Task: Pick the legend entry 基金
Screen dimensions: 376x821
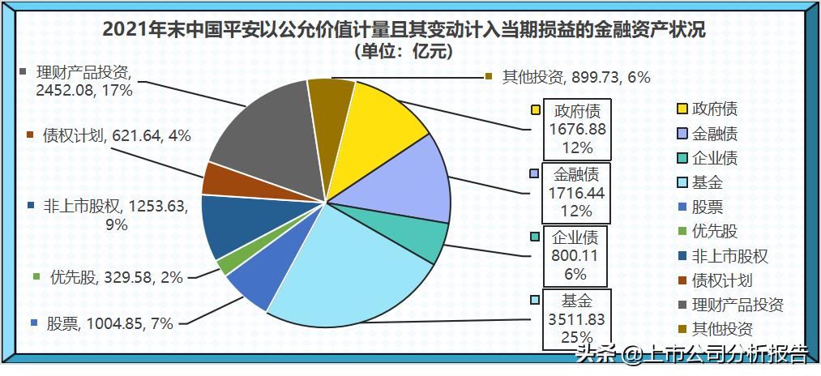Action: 707,182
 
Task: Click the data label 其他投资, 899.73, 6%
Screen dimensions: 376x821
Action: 568,77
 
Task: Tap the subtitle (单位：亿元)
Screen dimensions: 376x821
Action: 404,52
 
